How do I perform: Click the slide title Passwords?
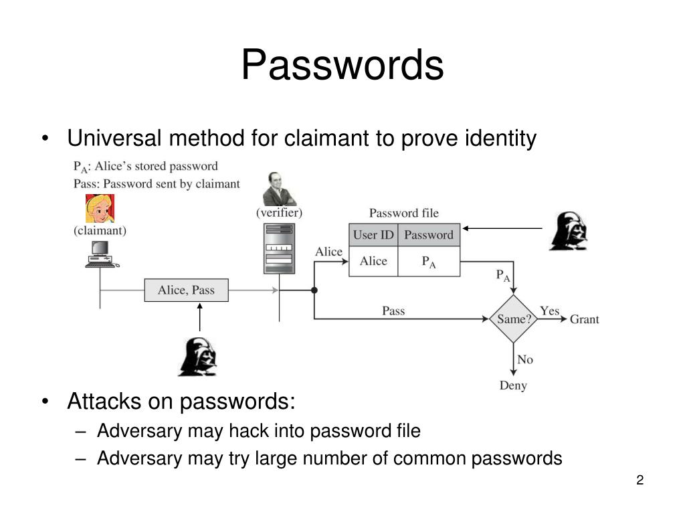pos(342,66)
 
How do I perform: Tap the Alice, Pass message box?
pos(186,290)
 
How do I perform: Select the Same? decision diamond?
pos(513,319)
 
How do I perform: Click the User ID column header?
pos(373,235)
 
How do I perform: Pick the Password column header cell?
pos(429,235)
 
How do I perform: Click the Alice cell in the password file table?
pos(373,261)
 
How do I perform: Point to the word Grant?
pos(584,319)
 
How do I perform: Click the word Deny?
pos(513,385)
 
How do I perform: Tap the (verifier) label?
pos(279,213)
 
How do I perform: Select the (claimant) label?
pos(100,231)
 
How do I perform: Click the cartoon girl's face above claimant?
pos(100,208)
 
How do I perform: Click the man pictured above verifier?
pos(279,189)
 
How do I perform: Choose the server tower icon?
pos(279,248)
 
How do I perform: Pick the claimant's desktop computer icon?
pos(101,255)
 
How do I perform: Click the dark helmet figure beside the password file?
pos(569,231)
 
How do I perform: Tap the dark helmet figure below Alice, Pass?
pos(197,357)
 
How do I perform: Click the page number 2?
pos(640,480)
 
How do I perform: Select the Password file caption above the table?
pos(404,213)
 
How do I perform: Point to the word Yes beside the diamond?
pos(549,311)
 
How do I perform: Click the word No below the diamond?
pos(525,359)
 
